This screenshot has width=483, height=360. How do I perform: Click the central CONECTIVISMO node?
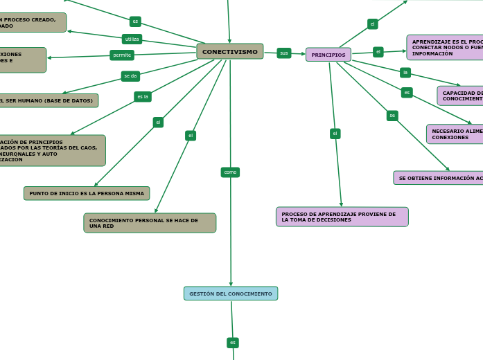coord(229,52)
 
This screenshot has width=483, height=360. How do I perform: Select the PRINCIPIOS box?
coord(328,55)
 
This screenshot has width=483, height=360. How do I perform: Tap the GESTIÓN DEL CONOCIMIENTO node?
coord(231,294)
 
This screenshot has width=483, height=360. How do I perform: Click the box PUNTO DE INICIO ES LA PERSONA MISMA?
coord(87,193)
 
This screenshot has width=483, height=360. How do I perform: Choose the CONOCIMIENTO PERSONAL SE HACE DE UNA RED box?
coord(150,223)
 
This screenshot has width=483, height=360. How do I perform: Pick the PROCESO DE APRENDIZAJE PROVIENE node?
coord(342,217)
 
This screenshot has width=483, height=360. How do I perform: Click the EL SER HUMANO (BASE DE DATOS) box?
coord(49,100)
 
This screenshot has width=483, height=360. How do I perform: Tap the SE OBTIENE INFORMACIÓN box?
coord(439,178)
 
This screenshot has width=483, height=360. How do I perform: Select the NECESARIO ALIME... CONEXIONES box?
coord(455,134)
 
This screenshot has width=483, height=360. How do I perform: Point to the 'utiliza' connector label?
coord(132,39)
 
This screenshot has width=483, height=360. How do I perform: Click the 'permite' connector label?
coord(122,55)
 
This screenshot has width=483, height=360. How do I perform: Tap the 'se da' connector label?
coord(130,76)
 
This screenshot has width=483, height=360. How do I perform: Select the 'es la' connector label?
coord(143,97)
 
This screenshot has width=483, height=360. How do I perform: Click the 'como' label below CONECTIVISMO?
coord(230,172)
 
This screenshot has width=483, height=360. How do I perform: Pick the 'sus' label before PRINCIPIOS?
coord(284,53)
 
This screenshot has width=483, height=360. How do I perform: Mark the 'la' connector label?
coord(405,73)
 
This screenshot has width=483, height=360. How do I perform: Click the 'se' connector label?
coord(392,116)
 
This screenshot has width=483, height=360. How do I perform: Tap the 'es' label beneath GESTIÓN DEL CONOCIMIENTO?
coord(233,343)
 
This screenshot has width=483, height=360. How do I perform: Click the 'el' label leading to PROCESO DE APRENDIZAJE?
coord(335,134)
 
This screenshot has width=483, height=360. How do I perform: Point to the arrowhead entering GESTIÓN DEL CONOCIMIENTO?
coord(231,284)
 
